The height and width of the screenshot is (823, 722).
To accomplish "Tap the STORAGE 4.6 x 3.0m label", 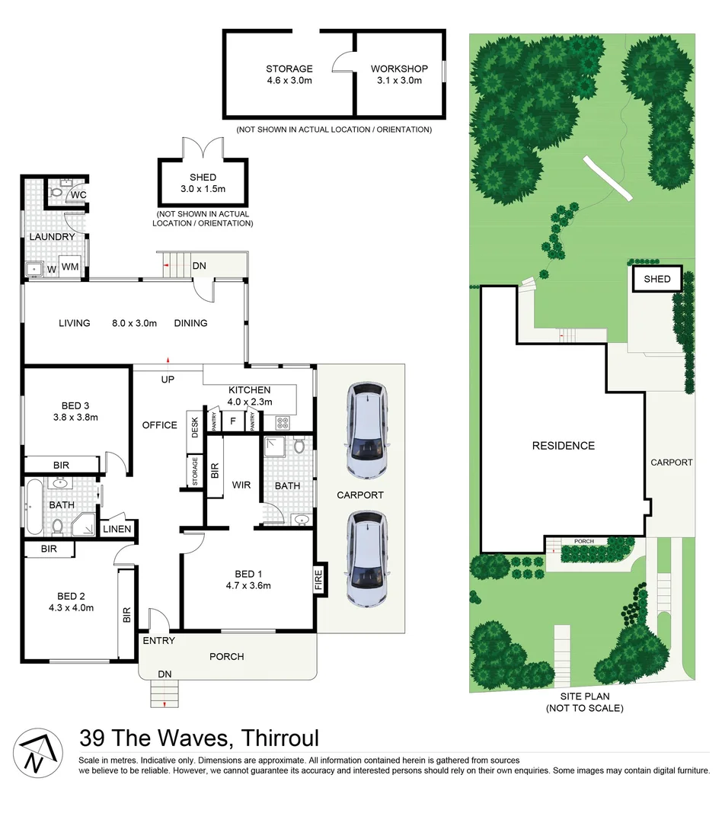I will pyautogui.click(x=289, y=74).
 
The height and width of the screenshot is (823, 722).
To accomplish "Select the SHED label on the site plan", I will pyautogui.click(x=657, y=279).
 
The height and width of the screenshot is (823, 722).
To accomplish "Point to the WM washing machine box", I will pyautogui.click(x=70, y=267).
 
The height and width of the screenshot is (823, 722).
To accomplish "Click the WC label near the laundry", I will pyautogui.click(x=78, y=195).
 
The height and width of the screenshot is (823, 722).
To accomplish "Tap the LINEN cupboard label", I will pyautogui.click(x=117, y=529).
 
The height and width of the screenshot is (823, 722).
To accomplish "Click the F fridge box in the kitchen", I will pyautogui.click(x=232, y=421).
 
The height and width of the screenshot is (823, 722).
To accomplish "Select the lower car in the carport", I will pyautogui.click(x=367, y=559).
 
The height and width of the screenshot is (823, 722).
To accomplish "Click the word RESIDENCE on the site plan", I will pyautogui.click(x=563, y=446).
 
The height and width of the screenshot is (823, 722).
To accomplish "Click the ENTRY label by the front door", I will pyautogui.click(x=158, y=641).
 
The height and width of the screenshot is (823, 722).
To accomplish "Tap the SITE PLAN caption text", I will pyautogui.click(x=584, y=702).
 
